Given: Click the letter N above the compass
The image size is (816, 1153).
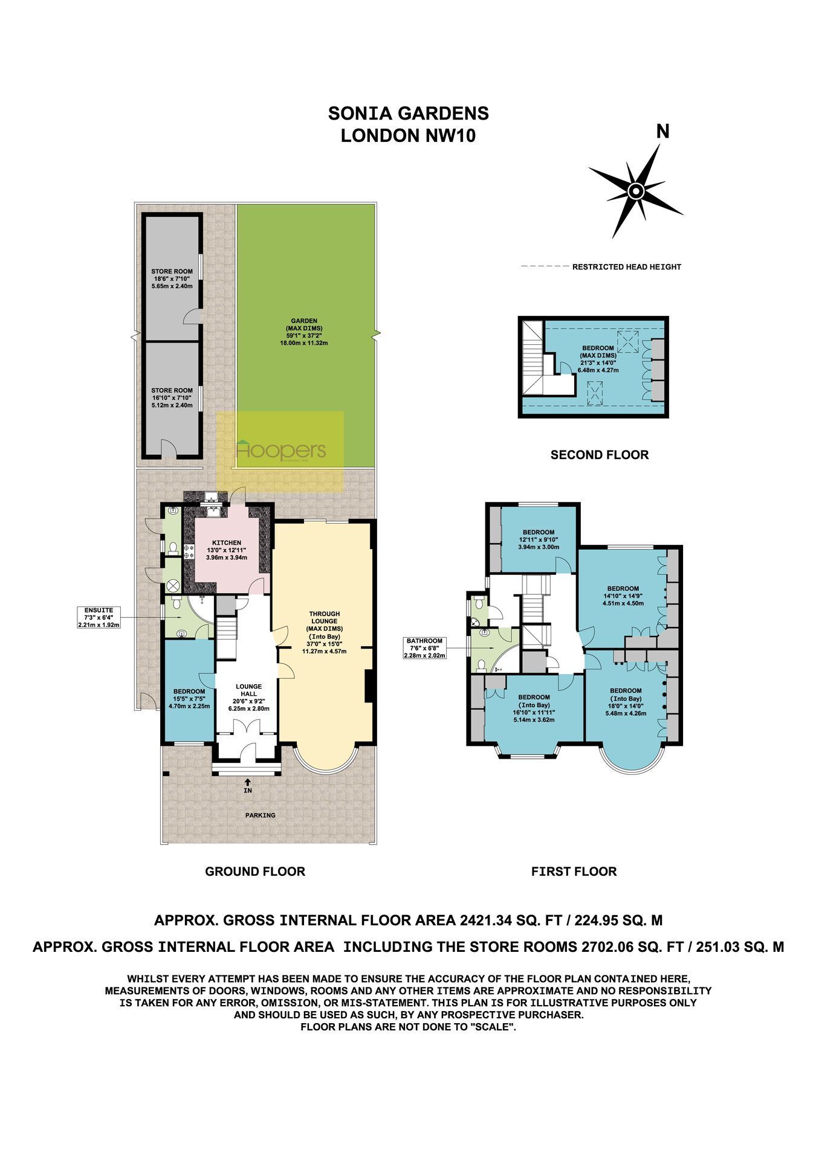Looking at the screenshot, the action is coord(663,132).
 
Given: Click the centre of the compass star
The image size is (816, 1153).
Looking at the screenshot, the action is coord(636,191).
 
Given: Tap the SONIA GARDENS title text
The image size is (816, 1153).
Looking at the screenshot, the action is coord(408,113).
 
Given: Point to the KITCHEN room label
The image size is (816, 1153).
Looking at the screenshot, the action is coord(227,543).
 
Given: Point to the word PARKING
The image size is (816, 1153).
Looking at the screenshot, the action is coord(261,815).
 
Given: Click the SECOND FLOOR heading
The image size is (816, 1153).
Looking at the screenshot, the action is coord(600,454).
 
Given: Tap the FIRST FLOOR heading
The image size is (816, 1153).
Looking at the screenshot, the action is coord(574,871).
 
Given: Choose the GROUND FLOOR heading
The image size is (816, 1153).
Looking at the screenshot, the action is coord(255,871).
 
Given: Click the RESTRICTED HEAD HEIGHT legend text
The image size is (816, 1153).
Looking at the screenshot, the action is coord(627,267).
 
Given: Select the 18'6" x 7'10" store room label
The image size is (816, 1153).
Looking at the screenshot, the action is coord(172,278).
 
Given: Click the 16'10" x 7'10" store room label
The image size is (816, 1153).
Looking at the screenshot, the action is coord(172,397).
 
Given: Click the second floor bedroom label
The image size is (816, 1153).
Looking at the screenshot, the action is coord(598,359).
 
